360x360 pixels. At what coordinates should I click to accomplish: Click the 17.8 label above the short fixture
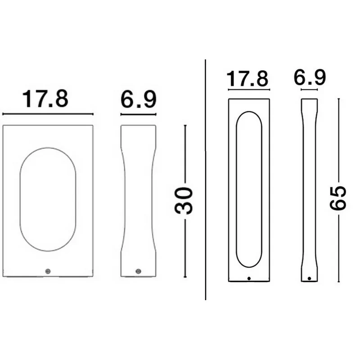45,99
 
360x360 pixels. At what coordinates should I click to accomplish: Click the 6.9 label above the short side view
139,99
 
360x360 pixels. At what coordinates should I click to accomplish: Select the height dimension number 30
184,201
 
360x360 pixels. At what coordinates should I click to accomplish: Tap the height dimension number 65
337,198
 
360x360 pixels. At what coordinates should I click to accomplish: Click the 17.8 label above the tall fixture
247,78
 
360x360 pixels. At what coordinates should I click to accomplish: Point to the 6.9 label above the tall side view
310,77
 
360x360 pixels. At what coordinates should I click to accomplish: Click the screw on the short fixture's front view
48,271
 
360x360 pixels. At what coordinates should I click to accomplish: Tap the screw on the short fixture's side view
138,271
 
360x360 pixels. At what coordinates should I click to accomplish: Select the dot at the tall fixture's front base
249,279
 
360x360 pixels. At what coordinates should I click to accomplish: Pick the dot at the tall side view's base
309,279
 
